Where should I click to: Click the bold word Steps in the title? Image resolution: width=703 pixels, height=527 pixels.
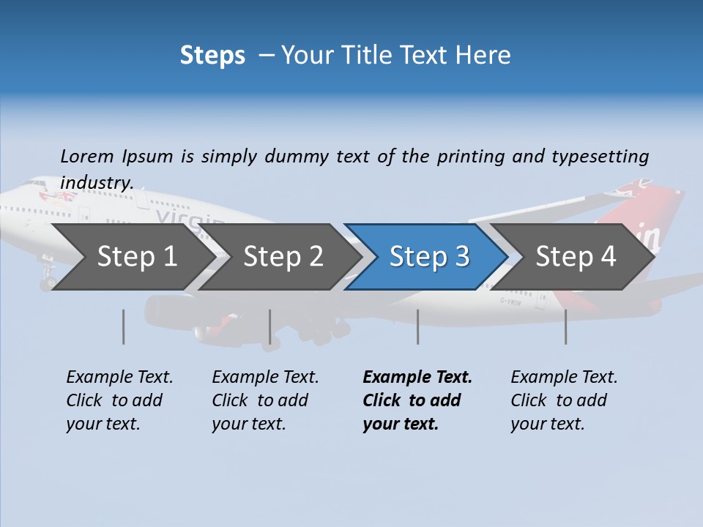pos(212,55)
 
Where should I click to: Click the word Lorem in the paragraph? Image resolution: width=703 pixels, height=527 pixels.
pos(87,156)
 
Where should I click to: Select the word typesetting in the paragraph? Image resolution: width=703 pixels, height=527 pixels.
pos(600,157)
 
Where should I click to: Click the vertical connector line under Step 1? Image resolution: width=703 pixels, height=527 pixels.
pos(124,326)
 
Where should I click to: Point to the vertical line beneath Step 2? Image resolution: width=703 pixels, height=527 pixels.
pos(270,326)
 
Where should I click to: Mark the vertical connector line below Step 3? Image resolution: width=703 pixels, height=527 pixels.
pos(417,326)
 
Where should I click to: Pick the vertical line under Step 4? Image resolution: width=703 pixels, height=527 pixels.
pos(565,326)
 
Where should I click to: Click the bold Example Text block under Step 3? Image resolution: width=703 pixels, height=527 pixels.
pos(417,400)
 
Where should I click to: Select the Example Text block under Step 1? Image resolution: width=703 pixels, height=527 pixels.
pos(119,400)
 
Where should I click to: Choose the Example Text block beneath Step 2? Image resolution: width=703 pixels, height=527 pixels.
pos(265,400)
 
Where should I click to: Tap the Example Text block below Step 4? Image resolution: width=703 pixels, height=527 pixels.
pos(564,400)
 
